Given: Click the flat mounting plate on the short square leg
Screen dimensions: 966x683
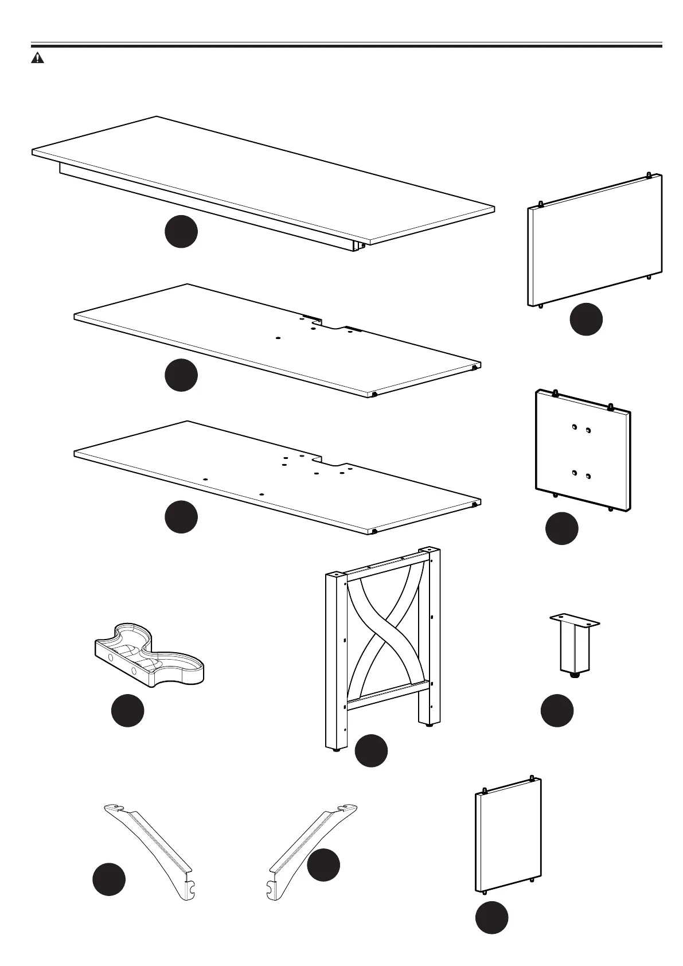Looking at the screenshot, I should (575, 621).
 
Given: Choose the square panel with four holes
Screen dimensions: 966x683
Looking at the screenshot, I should (583, 450).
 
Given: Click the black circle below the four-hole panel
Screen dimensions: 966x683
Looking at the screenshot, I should (561, 528).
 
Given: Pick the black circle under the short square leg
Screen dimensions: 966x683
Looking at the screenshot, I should (557, 711).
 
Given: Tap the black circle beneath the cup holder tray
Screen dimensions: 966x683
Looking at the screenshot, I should (127, 711).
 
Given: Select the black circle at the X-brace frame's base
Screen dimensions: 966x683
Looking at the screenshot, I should (371, 750).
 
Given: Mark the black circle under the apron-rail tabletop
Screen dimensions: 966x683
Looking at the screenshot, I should (181, 232).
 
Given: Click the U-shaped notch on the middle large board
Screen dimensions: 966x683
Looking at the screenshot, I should (333, 326).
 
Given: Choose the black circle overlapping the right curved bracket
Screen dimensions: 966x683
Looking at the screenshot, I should (323, 864).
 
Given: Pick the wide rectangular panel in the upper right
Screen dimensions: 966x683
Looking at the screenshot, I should (594, 240).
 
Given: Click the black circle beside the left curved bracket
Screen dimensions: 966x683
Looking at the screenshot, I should (109, 879).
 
